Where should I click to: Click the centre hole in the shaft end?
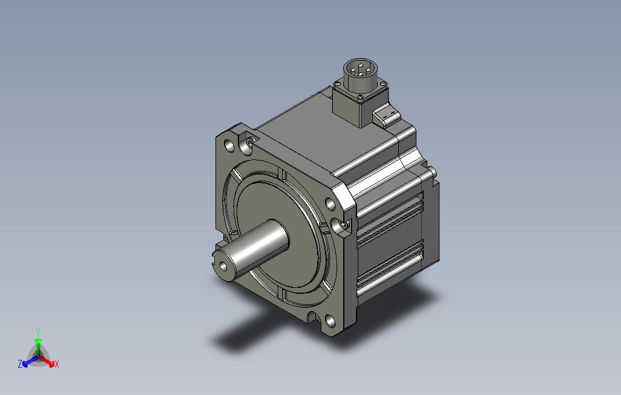coord(224,266)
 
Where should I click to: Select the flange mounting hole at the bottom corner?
coord(330,321)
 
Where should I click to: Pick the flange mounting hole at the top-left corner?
coord(229,145)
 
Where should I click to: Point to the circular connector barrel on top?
coord(360,74)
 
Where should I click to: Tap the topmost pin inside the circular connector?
coord(360,65)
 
